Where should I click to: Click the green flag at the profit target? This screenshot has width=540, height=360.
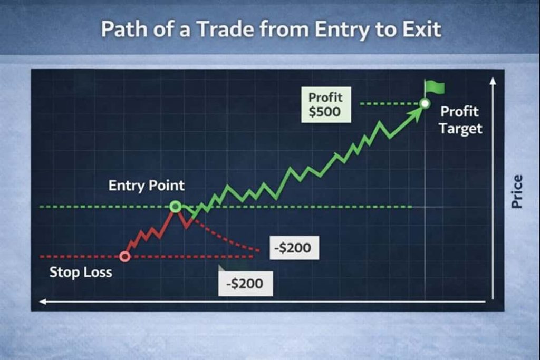click(x=435, y=88)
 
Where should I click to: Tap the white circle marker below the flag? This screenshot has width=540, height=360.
click(x=426, y=103)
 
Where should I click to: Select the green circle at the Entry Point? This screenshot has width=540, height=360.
click(x=175, y=207)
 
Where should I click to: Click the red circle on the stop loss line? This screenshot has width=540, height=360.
click(x=125, y=256)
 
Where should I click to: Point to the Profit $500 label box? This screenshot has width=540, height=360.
click(x=326, y=105)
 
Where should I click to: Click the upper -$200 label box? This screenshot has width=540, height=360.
click(x=294, y=248)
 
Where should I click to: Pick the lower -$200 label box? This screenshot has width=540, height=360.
click(x=246, y=284)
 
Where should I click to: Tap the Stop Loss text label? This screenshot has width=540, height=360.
click(x=81, y=272)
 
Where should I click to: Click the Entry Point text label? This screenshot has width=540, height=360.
click(x=147, y=186)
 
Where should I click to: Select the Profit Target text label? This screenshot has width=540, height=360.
click(x=460, y=120)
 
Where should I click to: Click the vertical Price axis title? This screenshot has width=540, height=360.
click(x=517, y=191)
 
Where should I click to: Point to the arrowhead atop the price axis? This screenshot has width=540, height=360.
click(x=493, y=81)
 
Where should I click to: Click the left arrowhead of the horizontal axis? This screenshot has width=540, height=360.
click(x=43, y=302)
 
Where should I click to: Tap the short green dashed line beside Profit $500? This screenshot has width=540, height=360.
click(x=389, y=103)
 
